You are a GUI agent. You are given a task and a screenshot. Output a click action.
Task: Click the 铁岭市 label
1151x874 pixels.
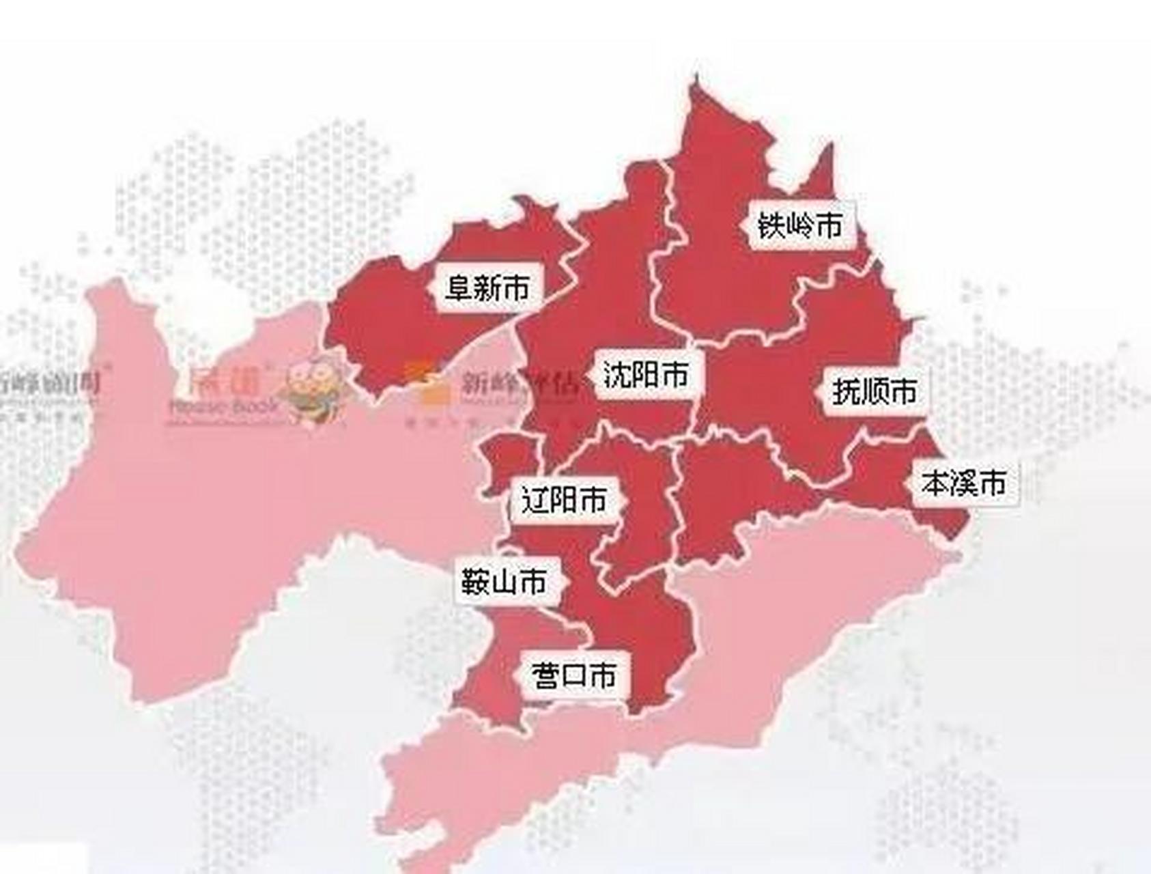(801, 225)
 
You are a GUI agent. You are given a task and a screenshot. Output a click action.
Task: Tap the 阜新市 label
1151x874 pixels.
(487, 287)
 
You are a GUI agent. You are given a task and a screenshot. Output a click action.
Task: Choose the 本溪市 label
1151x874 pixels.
(964, 483)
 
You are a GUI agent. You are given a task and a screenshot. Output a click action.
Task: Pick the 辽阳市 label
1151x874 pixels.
(564, 501)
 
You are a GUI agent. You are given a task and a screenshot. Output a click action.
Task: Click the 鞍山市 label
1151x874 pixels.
(504, 582)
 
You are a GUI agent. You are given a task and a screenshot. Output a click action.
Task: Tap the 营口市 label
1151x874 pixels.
(573, 675)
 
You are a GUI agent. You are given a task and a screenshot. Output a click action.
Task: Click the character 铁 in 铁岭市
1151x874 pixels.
(772, 225)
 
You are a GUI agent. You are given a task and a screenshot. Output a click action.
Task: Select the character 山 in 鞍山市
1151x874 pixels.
(504, 582)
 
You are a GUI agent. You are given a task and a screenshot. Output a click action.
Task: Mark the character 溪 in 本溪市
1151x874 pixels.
(964, 483)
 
